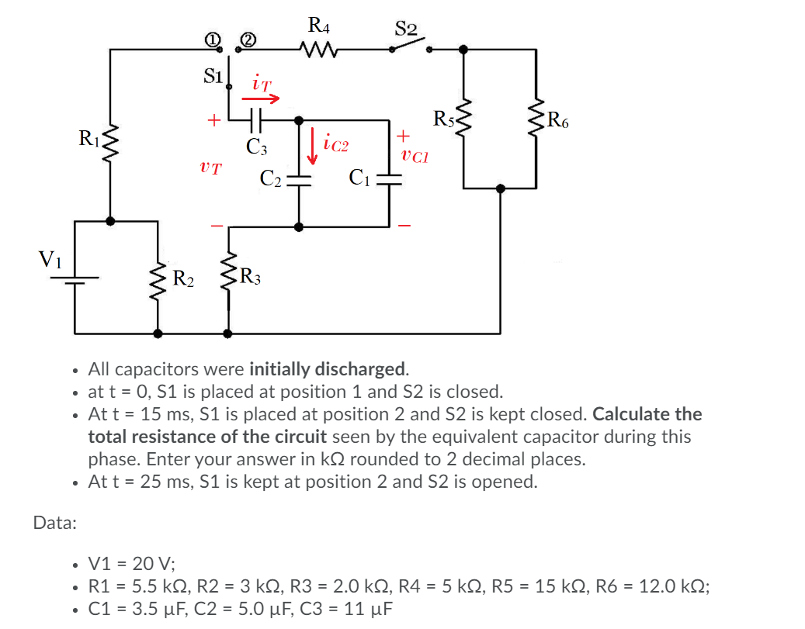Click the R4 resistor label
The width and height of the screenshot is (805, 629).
coord(317,26)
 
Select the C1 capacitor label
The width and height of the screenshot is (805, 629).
coord(359,178)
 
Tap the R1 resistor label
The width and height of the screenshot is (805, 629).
coord(89,139)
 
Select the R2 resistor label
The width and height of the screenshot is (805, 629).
coord(184,277)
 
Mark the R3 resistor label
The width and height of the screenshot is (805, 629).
coord(251,275)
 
